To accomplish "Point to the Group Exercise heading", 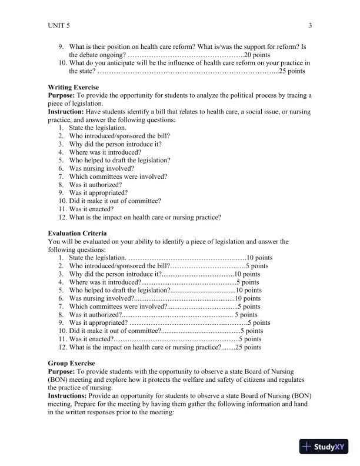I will pyautogui.click(x=71, y=363).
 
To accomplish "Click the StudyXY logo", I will pyautogui.click(x=324, y=446).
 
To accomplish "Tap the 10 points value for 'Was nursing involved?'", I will pyautogui.click(x=247, y=298).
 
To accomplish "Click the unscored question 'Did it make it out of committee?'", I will pyautogui.click(x=115, y=201).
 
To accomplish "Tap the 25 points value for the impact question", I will pyautogui.click(x=248, y=347).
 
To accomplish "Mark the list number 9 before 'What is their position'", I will pyautogui.click(x=61, y=46).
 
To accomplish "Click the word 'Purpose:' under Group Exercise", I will pyautogui.click(x=62, y=371).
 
